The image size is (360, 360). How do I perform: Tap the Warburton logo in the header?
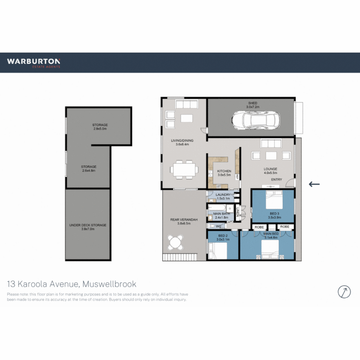pos(34,62)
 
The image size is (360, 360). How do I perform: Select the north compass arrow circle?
pos(344,292)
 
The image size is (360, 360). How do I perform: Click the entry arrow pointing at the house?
pos(314,184)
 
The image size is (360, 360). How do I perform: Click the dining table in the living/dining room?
pos(184,169)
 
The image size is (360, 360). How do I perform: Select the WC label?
pos(218,226)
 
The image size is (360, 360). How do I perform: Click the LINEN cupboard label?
pos(238,212)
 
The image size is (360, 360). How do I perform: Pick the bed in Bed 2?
pos(219,251)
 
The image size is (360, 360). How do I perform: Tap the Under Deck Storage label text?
pos(88,225)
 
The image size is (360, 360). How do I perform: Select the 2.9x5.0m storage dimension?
pos(100,129)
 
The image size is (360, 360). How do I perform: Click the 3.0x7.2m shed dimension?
pos(252,107)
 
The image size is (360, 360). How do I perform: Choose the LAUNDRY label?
pos(223,195)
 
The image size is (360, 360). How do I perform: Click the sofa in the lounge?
pos(271,144)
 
